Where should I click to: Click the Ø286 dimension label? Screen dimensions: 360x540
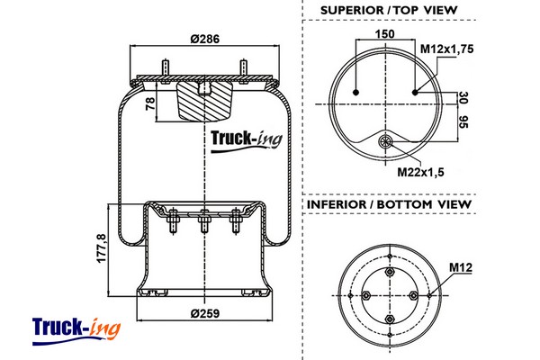coord(202,38)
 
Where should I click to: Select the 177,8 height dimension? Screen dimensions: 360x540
coord(101,251)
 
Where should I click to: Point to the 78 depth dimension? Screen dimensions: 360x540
coord(150,105)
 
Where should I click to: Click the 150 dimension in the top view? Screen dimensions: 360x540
coord(386,33)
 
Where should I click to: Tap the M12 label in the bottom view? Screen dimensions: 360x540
coord(460,266)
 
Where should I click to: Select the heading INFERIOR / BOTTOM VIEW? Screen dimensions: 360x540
coord(389,204)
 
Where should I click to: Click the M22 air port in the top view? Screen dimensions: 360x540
coord(386,141)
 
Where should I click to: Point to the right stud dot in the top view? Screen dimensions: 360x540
coord(416,92)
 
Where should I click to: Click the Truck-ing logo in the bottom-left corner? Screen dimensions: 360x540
coord(76,328)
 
